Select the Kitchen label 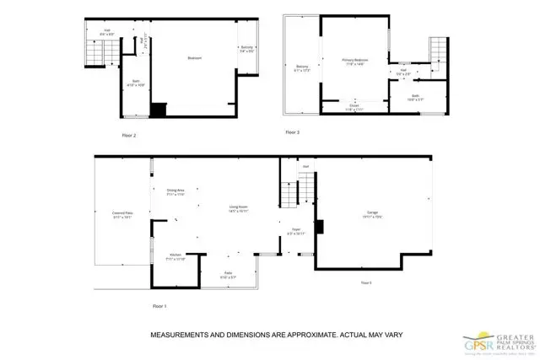175,256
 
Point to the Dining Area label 175,191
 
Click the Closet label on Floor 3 353,107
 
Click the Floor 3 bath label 416,98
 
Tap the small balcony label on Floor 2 247,50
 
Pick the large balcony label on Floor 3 302,67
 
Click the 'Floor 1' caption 160,305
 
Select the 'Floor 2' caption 129,134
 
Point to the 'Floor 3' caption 292,132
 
